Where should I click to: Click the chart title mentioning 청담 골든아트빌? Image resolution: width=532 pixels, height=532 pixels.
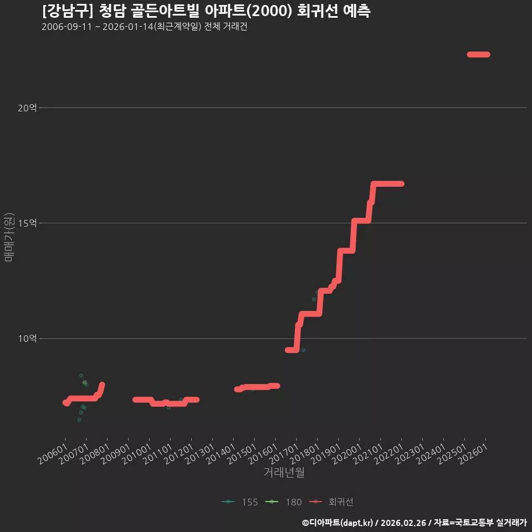pyautogui.click(x=206, y=11)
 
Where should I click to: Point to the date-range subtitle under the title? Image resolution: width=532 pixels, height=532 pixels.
pyautogui.click(x=145, y=27)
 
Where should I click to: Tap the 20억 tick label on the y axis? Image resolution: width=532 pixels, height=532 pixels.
pyautogui.click(x=27, y=108)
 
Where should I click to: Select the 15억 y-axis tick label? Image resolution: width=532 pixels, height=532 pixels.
pyautogui.click(x=27, y=223)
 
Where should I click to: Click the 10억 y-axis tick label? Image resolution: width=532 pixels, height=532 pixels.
pyautogui.click(x=27, y=339)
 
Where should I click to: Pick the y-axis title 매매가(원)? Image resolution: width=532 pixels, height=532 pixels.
pyautogui.click(x=9, y=237)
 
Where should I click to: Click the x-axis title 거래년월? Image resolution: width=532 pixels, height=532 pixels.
pyautogui.click(x=284, y=472)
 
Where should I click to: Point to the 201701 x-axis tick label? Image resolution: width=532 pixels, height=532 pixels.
pyautogui.click(x=284, y=454)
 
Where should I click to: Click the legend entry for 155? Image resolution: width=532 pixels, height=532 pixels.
pyautogui.click(x=240, y=502)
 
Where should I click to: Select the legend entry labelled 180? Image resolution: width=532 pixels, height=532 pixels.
pyautogui.click(x=284, y=502)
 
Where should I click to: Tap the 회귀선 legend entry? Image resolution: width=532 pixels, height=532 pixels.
pyautogui.click(x=331, y=502)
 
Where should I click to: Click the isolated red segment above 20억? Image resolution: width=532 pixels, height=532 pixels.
pyautogui.click(x=478, y=55)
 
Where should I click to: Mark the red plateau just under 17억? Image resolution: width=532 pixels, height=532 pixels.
pyautogui.click(x=387, y=184)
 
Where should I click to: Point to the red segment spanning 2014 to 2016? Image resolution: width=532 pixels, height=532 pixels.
pyautogui.click(x=257, y=387)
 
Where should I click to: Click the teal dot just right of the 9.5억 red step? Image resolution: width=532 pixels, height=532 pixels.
pyautogui.click(x=303, y=350)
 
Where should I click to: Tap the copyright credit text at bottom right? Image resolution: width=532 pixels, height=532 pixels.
pyautogui.click(x=415, y=523)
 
